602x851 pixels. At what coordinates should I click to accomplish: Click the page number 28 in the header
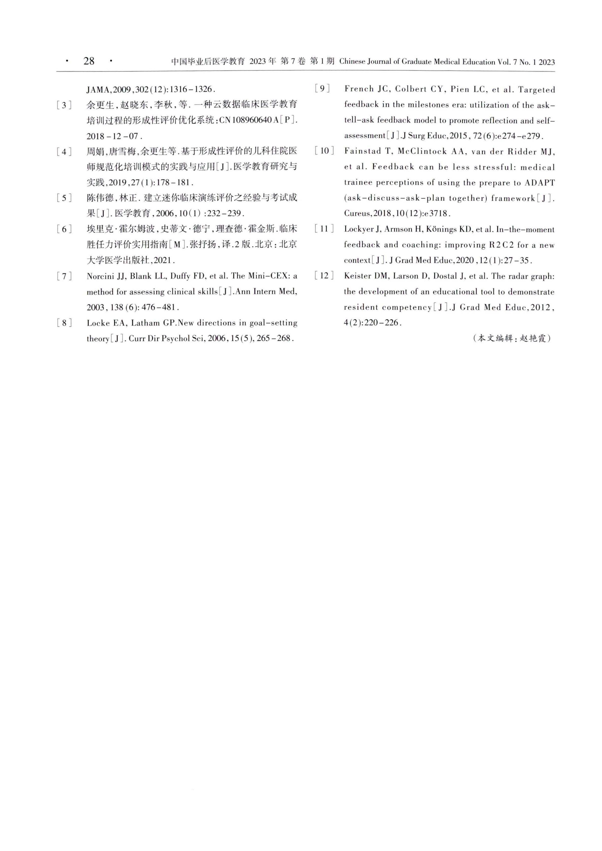tap(89, 61)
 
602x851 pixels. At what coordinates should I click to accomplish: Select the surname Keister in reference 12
tap(357, 276)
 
